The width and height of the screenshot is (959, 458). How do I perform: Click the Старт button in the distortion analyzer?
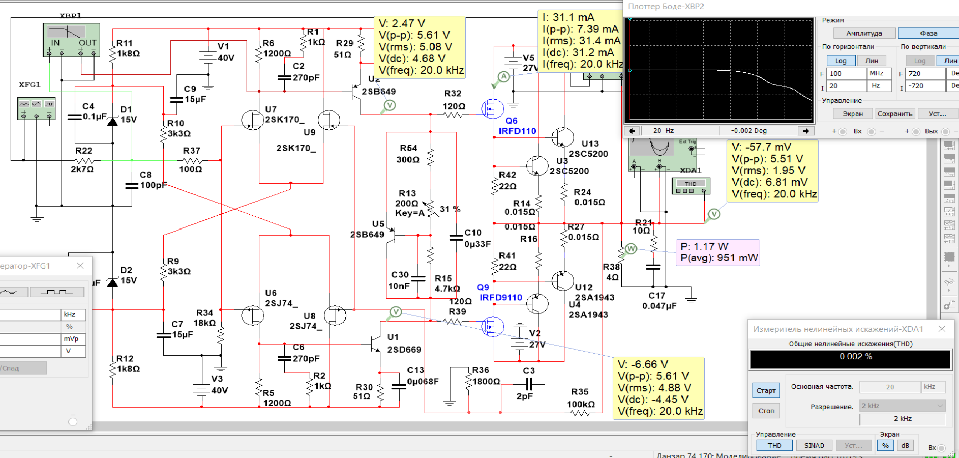pyautogui.click(x=766, y=390)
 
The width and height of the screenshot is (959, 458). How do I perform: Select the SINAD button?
pyautogui.click(x=814, y=445)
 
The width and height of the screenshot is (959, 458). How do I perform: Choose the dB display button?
pyautogui.click(x=905, y=445)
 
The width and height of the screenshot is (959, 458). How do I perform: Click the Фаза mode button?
pyautogui.click(x=928, y=33)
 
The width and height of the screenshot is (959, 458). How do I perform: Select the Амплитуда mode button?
pyautogui.click(x=864, y=33)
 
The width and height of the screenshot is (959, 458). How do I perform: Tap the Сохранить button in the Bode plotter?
pyautogui.click(x=895, y=113)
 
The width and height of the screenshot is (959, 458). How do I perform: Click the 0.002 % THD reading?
pyautogui.click(x=855, y=357)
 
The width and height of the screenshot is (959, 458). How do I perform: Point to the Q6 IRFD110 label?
pyautogui.click(x=517, y=126)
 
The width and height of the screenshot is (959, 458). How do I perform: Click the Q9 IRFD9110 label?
pyautogui.click(x=500, y=293)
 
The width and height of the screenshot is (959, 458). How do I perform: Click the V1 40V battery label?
pyautogui.click(x=225, y=52)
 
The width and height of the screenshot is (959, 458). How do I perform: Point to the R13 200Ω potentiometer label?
pyautogui.click(x=407, y=203)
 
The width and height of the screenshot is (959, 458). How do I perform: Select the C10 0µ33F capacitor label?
pyautogui.click(x=477, y=238)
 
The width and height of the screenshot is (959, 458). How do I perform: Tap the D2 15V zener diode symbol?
pyautogui.click(x=112, y=282)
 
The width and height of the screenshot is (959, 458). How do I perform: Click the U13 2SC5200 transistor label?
pyautogui.click(x=588, y=149)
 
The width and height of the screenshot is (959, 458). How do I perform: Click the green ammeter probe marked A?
pyautogui.click(x=503, y=77)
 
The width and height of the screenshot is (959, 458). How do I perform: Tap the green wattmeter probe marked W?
pyautogui.click(x=631, y=249)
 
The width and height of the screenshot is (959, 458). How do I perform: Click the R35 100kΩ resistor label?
pyautogui.click(x=580, y=398)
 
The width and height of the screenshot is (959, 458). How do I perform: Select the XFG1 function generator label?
pyautogui.click(x=29, y=84)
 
